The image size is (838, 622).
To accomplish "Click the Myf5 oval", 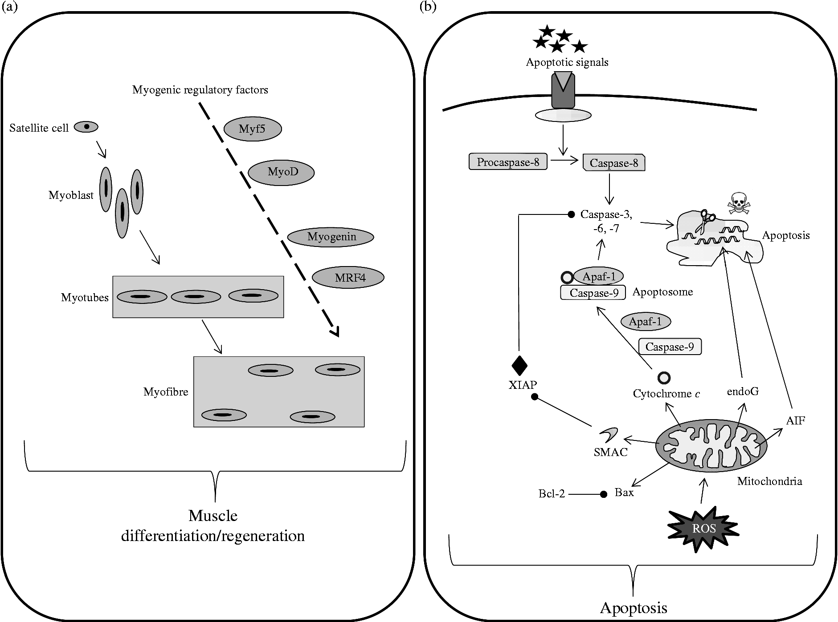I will click(x=253, y=129).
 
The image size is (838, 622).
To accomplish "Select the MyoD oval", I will click(x=281, y=172).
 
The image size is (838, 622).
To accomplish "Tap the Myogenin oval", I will click(x=331, y=237).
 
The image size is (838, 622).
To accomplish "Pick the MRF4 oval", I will click(x=348, y=278).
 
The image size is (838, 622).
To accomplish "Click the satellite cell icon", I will click(x=86, y=127).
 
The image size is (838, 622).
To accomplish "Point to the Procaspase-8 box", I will click(x=508, y=162).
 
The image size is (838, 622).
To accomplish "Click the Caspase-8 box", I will click(x=614, y=163).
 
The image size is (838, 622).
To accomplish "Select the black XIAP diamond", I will click(x=519, y=366).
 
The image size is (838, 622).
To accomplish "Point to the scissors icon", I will click(x=706, y=221).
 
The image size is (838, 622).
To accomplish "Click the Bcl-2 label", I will click(x=552, y=494).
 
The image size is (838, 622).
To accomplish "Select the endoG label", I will click(x=742, y=392).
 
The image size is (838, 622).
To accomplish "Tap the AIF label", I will click(x=795, y=420).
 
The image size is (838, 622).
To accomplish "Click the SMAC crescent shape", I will click(x=608, y=434).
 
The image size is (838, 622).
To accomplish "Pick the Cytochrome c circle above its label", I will click(x=664, y=378).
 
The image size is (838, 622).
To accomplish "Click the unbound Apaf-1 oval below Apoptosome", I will click(x=646, y=321).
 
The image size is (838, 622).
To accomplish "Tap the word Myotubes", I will click(x=85, y=298).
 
